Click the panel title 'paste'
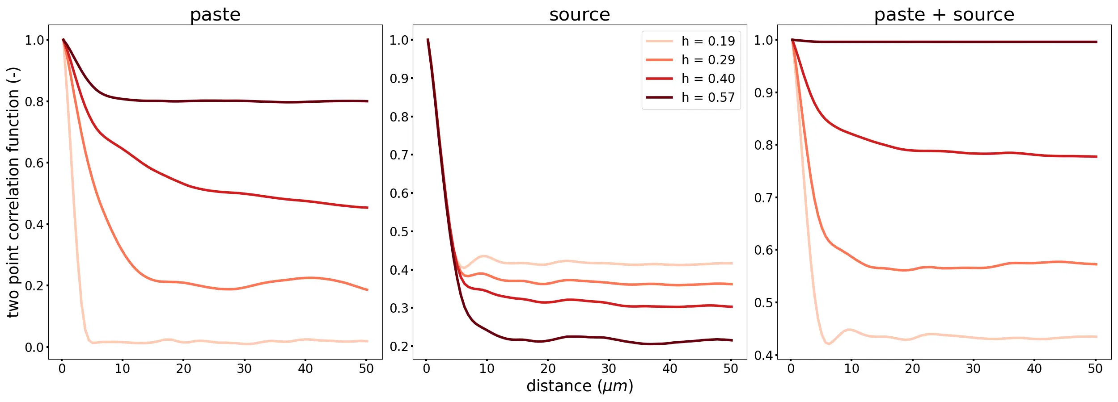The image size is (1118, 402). coord(215,15)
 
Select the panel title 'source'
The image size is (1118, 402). coord(580,15)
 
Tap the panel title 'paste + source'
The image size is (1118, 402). coord(944,15)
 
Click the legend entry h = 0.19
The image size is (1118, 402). coord(708,41)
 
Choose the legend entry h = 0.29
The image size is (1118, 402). coord(708,60)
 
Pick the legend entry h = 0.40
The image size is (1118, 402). coord(708,79)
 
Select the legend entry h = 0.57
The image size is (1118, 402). coord(708,97)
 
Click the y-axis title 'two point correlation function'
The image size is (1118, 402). coord(13,192)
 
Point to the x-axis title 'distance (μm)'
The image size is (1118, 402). coord(580,386)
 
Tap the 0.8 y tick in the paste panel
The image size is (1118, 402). coord(35,102)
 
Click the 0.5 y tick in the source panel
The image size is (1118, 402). coord(399,232)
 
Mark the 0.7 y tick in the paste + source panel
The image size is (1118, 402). coord(764,197)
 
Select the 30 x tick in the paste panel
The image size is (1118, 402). coord(244,368)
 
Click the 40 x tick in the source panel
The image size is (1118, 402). coord(669,368)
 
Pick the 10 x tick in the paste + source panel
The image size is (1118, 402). coord(851,368)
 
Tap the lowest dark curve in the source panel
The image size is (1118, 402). coord(581,337)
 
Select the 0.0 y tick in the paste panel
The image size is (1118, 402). coord(35,348)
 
